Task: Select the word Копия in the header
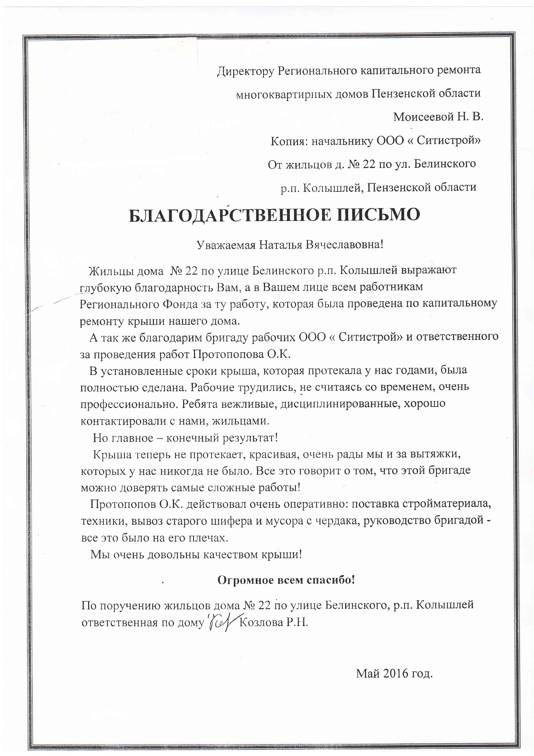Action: pos(289,141)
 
